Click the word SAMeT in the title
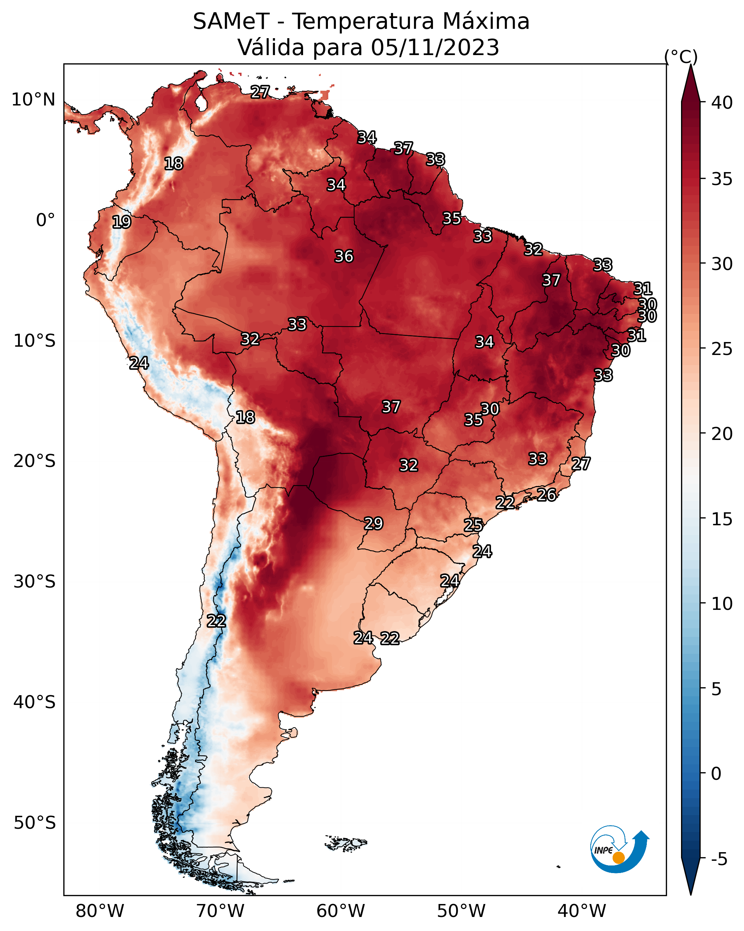(231, 22)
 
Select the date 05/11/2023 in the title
(435, 48)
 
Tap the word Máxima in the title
(486, 22)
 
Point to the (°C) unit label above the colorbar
(681, 57)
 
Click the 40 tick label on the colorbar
(722, 103)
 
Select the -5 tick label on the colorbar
(719, 859)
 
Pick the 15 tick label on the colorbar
(722, 519)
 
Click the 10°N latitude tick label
(33, 100)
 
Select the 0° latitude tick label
(45, 220)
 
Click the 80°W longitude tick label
(100, 911)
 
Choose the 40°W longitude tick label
(582, 911)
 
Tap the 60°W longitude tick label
(341, 911)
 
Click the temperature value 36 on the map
(344, 256)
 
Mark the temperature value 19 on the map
(121, 222)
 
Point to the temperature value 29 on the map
(374, 523)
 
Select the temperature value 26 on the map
(546, 495)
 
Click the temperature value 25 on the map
(473, 525)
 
